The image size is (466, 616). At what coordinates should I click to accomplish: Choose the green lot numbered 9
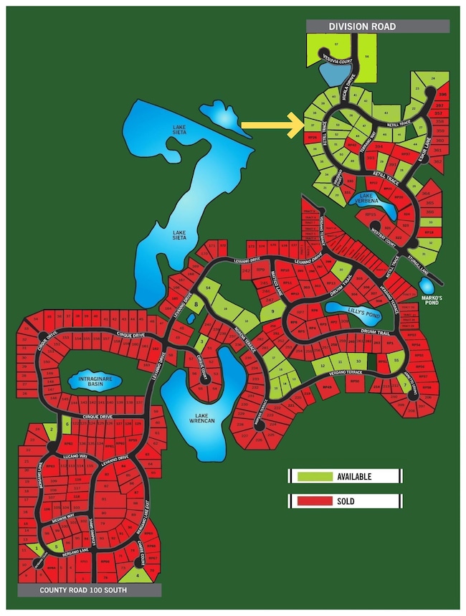(x=272, y=312)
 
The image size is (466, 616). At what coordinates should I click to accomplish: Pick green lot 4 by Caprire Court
(x=139, y=574)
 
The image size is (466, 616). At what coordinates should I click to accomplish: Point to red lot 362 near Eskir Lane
(x=437, y=162)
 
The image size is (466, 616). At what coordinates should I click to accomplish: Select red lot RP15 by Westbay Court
(x=371, y=214)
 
